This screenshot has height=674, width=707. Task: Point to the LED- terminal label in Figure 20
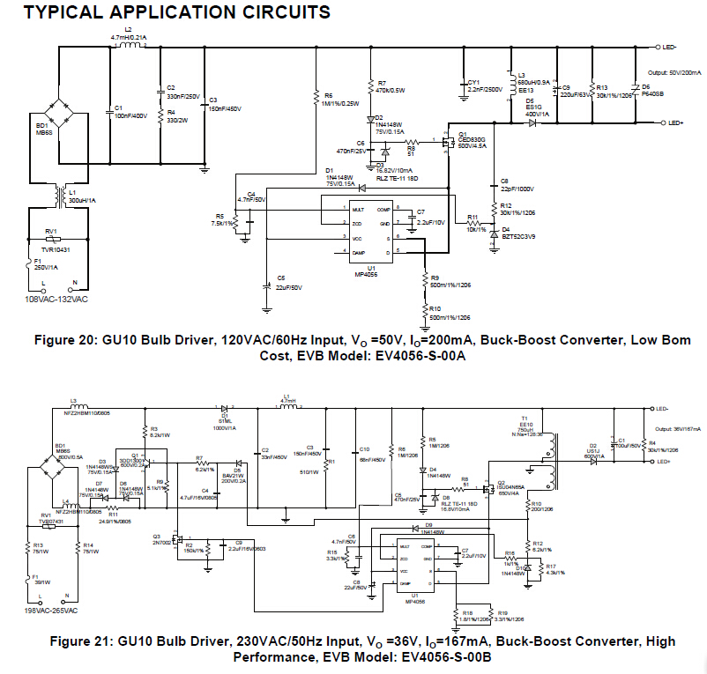[x=666, y=46]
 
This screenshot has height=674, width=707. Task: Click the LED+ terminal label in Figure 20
[x=666, y=123]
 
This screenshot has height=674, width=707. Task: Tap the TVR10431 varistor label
[x=57, y=250]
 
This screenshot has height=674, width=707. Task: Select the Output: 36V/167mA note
[x=674, y=429]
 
